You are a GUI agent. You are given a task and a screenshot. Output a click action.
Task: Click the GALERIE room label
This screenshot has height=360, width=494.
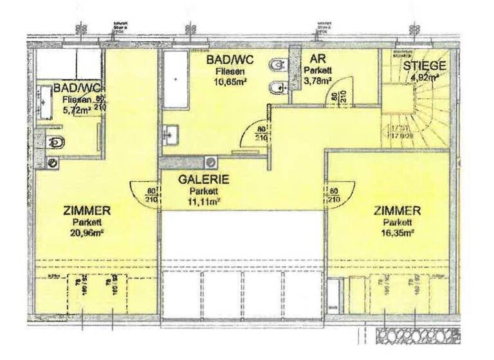[204, 180]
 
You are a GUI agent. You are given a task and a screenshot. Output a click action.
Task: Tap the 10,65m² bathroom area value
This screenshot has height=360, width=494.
[230, 82]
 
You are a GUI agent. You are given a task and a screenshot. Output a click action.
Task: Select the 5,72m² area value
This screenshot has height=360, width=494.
[75, 111]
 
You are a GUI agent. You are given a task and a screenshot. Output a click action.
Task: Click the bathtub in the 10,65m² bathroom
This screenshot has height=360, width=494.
[175, 80]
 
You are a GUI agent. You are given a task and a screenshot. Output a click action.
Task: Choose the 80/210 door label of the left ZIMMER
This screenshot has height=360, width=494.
[151, 195]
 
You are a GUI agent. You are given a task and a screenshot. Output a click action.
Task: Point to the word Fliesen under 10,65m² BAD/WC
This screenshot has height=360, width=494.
[230, 71]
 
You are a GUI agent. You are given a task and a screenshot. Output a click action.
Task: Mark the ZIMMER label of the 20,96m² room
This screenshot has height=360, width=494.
[87, 210]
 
